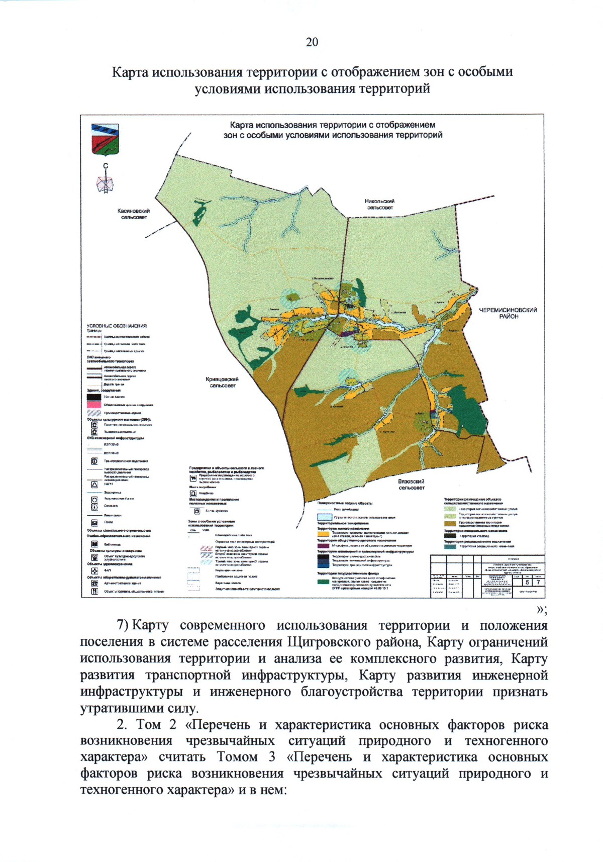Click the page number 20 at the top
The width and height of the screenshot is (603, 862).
(x=312, y=42)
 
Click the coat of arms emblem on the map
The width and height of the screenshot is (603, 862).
(x=105, y=139)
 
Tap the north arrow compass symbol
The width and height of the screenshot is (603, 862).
(x=105, y=181)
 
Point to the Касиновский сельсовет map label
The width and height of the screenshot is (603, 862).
(x=134, y=214)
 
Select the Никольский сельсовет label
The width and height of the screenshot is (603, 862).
(x=379, y=204)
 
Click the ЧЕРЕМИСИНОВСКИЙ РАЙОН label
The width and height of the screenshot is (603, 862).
(x=508, y=313)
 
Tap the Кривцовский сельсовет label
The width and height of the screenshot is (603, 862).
(x=222, y=382)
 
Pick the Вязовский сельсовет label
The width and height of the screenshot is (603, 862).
(x=411, y=484)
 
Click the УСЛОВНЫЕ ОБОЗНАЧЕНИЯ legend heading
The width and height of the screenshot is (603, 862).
(x=117, y=326)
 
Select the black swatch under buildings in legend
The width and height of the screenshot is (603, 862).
(x=94, y=397)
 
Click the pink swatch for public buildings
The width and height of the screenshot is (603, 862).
(x=94, y=405)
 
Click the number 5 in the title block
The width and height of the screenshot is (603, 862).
(x=527, y=582)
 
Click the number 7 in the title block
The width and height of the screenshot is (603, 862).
(x=538, y=582)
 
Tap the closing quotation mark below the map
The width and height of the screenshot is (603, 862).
(x=541, y=609)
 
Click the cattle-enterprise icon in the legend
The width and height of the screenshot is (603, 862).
(x=193, y=478)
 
